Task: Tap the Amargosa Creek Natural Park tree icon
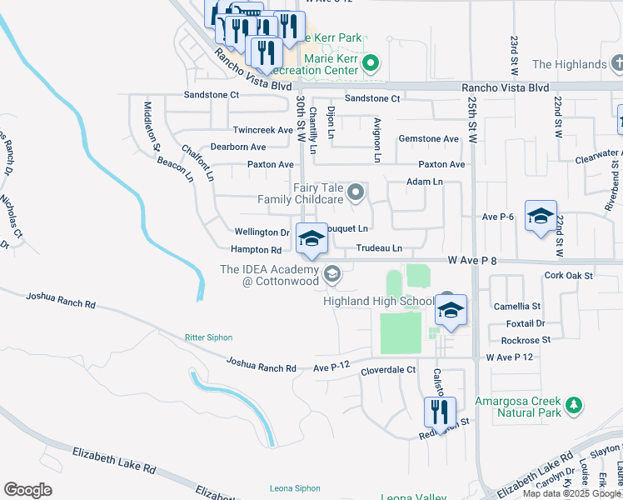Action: tap(573, 406)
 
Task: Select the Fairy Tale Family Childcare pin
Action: tap(356, 193)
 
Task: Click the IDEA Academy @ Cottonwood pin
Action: tap(331, 274)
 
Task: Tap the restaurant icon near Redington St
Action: tap(439, 412)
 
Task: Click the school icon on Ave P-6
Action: tap(540, 216)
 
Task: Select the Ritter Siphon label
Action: tap(208, 337)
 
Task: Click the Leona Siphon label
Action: tap(295, 488)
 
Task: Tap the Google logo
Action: tap(27, 489)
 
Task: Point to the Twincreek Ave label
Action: tap(263, 130)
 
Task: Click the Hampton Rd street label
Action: tap(257, 249)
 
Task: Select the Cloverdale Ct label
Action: tap(387, 369)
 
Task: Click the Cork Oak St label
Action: tap(568, 275)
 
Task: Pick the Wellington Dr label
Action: tap(262, 232)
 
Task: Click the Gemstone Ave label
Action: tap(429, 138)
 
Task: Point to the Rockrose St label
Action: tap(526, 340)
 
